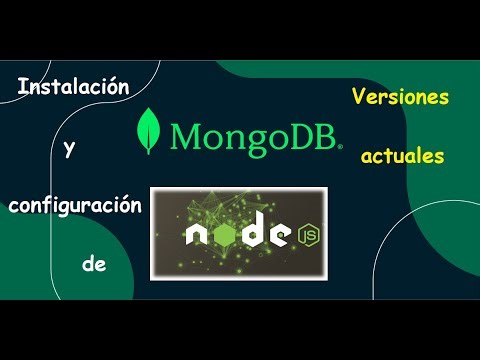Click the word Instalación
(x=74, y=88)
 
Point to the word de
(x=93, y=265)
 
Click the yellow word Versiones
(x=399, y=97)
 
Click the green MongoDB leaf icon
(x=153, y=130)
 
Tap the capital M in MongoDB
(x=188, y=134)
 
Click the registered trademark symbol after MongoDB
(x=339, y=146)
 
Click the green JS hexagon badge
(x=303, y=235)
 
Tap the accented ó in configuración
(x=123, y=204)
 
